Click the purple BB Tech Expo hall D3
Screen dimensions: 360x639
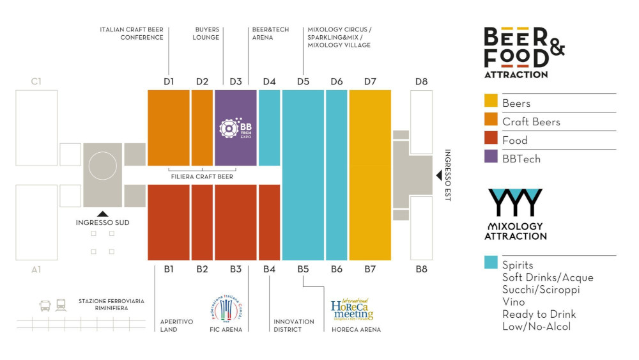[x=236, y=128]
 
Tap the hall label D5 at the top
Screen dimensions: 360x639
[x=303, y=81]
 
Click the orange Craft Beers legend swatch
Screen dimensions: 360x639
[x=491, y=121]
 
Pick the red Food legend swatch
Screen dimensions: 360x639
[x=491, y=139]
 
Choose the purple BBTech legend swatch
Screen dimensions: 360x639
[x=491, y=158]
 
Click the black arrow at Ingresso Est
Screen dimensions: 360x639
[x=438, y=175]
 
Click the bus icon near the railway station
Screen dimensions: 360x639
[x=46, y=306]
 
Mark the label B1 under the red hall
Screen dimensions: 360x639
[x=169, y=269]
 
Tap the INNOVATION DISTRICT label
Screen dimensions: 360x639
[x=294, y=325]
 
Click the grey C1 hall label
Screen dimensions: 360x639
[x=36, y=81]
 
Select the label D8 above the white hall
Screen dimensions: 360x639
[x=421, y=81]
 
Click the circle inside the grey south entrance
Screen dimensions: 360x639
[x=102, y=166]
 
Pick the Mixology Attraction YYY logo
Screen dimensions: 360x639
[x=515, y=214]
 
